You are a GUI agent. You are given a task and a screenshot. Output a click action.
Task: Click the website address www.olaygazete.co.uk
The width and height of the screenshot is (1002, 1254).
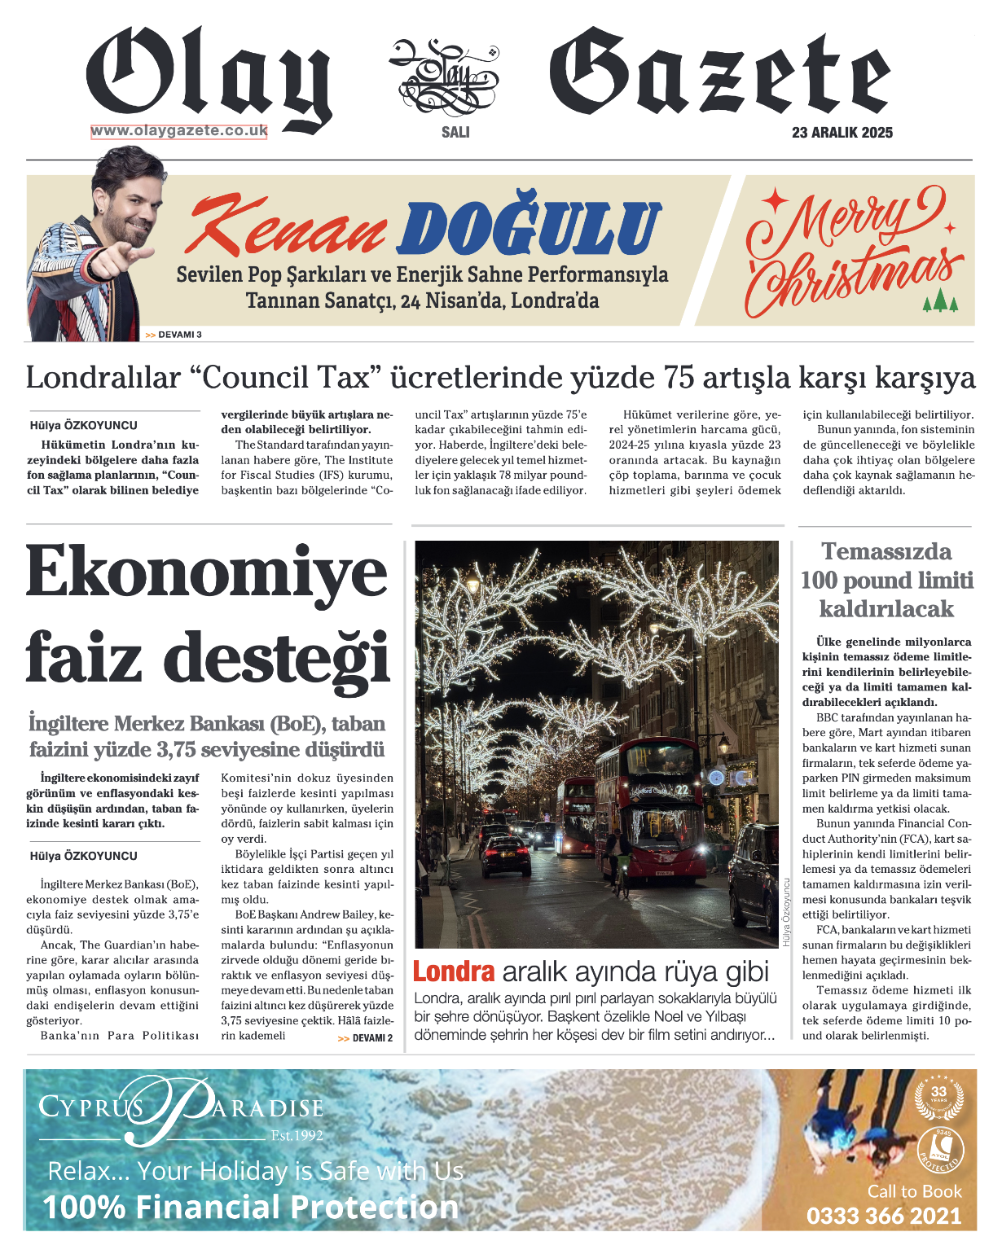point(178,131)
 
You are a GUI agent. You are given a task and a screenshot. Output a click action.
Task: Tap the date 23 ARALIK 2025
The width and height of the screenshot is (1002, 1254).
point(842,133)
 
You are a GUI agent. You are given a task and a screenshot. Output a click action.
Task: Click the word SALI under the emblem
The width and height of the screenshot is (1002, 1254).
point(455,132)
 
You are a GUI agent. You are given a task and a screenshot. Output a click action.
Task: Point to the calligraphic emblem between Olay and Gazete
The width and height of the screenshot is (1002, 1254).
point(443,77)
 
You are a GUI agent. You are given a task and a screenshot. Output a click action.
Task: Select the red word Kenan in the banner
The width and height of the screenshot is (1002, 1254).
point(286,228)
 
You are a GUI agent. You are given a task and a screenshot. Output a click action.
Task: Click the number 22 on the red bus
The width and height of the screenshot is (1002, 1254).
point(682,789)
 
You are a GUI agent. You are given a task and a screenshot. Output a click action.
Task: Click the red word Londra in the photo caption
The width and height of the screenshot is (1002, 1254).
point(454,971)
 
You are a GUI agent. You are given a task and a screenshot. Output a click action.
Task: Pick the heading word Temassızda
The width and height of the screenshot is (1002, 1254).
point(886,552)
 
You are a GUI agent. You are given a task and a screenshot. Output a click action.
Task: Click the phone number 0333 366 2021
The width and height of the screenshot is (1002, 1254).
point(884,1217)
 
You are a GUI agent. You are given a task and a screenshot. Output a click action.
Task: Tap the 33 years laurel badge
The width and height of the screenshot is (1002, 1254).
point(939,1096)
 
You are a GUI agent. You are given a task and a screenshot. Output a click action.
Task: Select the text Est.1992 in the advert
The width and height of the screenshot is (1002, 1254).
point(297,1135)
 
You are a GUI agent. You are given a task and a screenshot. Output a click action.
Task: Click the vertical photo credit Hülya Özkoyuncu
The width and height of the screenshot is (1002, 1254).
point(787,912)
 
